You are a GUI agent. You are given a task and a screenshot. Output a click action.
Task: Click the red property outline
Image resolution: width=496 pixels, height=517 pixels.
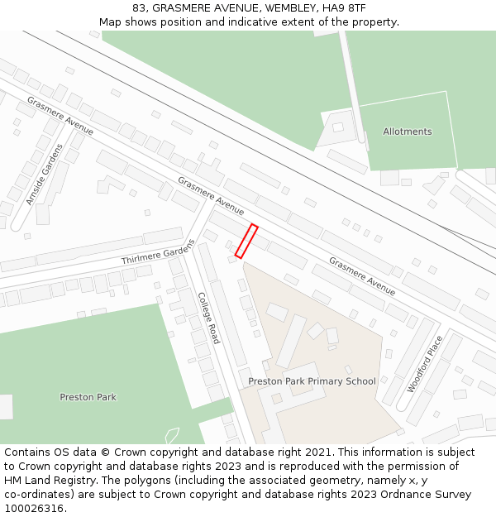(x=246, y=241)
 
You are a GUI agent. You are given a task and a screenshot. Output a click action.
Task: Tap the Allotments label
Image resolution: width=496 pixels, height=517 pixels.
(x=407, y=132)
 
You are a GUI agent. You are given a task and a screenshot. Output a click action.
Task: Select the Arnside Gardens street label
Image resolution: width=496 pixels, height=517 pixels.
(x=44, y=175)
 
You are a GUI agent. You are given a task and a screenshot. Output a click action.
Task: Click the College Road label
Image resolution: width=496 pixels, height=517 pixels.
(x=208, y=318)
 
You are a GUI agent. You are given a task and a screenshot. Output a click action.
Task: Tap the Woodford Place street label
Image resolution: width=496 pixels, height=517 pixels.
(x=425, y=363)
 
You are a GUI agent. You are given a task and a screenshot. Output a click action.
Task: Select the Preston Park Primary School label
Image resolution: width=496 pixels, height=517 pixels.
(x=312, y=381)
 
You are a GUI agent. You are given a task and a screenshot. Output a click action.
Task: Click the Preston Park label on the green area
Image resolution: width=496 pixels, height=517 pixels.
(x=88, y=397)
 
